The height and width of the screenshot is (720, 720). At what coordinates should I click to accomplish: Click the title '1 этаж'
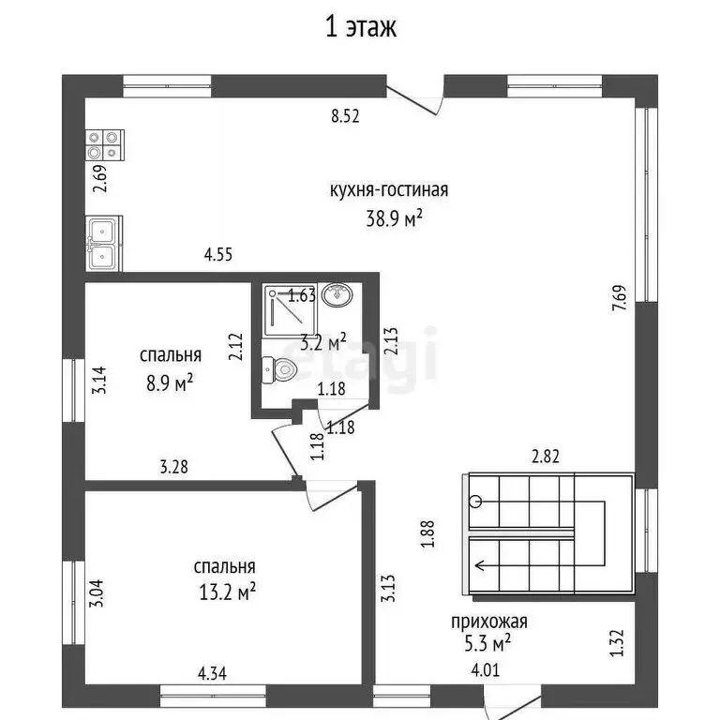(x=361, y=27)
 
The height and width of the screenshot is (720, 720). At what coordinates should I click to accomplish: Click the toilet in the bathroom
(x=282, y=369)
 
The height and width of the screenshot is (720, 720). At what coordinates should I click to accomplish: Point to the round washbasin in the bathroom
(x=337, y=295)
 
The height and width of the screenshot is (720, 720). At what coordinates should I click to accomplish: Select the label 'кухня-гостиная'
(x=389, y=190)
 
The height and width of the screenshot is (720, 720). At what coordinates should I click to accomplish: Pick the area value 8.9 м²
(x=171, y=381)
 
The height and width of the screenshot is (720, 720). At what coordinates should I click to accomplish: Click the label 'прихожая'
(x=488, y=620)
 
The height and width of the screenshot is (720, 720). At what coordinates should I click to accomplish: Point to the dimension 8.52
(x=345, y=117)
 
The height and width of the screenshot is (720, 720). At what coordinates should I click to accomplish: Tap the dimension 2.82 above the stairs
(x=547, y=458)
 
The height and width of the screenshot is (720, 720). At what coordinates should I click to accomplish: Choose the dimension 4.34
(x=213, y=671)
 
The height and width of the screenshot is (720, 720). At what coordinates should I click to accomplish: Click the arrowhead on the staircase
(x=481, y=565)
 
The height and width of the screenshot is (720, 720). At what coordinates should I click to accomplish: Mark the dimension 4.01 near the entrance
(x=487, y=671)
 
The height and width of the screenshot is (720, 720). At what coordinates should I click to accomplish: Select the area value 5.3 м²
(x=487, y=643)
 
